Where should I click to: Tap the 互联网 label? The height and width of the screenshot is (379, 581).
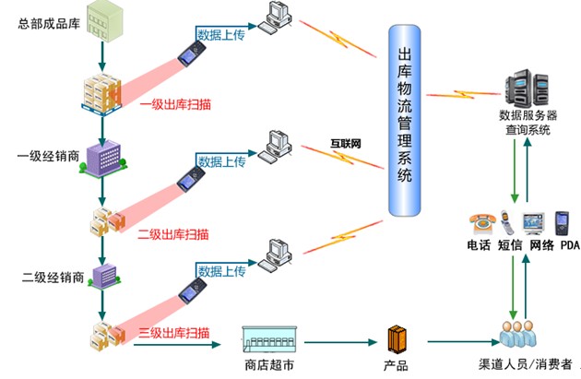(x=346, y=144)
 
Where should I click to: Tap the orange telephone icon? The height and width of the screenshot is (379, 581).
(x=480, y=223)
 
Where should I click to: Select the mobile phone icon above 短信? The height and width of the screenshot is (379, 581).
(x=508, y=222)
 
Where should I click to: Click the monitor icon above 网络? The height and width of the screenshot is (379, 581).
(x=535, y=223)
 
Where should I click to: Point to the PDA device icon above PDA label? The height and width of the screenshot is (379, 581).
(x=562, y=222)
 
